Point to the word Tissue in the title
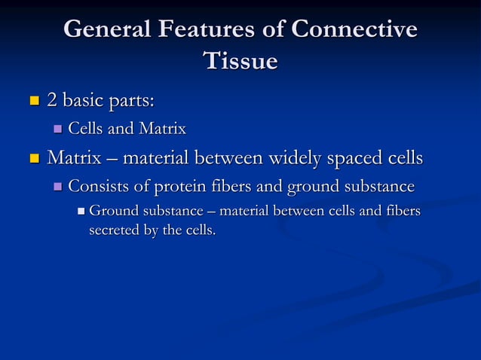pyautogui.click(x=240, y=61)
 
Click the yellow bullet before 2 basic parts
pyautogui.click(x=33, y=99)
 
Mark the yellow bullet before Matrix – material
pyautogui.click(x=33, y=159)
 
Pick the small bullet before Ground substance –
pyautogui.click(x=81, y=212)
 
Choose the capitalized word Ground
pyautogui.click(x=112, y=212)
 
